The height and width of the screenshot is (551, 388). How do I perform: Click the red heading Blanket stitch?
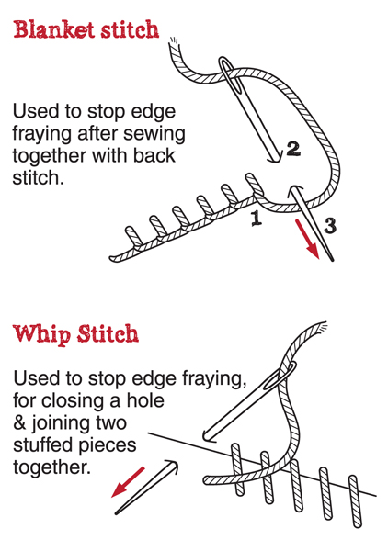86,29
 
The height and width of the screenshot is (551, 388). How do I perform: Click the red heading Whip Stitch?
76,334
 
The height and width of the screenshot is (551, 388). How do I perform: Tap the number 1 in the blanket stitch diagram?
257,218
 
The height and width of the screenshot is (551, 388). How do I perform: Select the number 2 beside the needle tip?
293,149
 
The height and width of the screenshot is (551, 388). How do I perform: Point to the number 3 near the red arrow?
330,226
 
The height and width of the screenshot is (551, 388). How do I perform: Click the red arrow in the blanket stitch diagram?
307,239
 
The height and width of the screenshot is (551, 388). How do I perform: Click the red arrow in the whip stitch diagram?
128,482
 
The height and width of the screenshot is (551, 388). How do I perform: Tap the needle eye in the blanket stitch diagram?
230,73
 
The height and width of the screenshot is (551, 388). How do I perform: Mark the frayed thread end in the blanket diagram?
174,41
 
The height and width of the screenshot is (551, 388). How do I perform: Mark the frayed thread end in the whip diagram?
321,328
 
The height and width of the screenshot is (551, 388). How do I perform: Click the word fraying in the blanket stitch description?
45,135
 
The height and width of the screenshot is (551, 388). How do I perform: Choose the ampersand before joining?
19,422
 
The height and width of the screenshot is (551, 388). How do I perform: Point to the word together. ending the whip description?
51,467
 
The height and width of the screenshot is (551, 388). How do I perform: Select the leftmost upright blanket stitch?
134,236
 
